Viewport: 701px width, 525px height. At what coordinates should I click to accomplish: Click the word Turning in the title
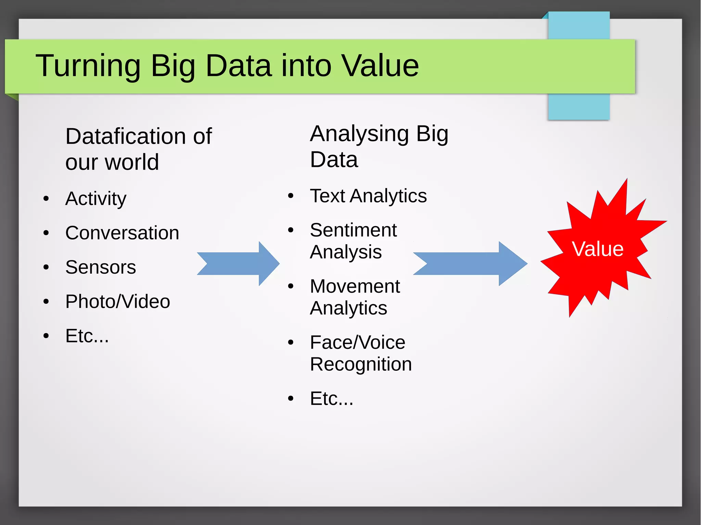pos(88,66)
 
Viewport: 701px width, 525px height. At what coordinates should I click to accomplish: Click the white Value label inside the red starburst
pos(598,249)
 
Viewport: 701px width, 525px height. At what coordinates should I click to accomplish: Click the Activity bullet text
pos(96,199)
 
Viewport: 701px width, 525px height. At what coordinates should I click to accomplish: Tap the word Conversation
pos(122,233)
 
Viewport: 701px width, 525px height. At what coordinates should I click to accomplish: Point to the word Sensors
pos(101,267)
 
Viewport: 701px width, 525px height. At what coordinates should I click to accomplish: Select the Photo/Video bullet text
pos(118,301)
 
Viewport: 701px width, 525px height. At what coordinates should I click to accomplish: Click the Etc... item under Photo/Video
pos(87,336)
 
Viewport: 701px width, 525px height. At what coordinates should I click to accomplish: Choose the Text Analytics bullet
pos(368,196)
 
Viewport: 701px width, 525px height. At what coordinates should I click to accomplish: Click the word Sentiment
pos(353,230)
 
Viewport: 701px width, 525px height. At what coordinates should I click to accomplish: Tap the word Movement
pos(355,286)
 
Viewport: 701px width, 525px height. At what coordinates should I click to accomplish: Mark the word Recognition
pos(361,364)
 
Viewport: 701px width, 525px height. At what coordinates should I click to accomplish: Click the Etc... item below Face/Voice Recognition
pos(331,398)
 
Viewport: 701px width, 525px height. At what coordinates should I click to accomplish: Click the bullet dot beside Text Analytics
pos(291,196)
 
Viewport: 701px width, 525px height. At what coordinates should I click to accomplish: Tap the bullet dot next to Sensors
pos(46,267)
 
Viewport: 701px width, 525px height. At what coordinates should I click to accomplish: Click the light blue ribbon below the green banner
pos(578,107)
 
